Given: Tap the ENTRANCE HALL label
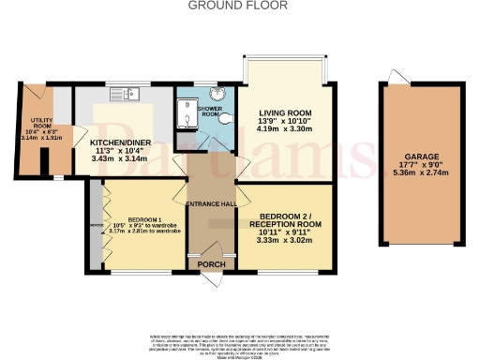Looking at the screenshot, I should [212, 204].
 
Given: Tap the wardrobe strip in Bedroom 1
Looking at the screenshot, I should [95, 225].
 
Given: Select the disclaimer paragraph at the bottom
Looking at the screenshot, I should [240, 343].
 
